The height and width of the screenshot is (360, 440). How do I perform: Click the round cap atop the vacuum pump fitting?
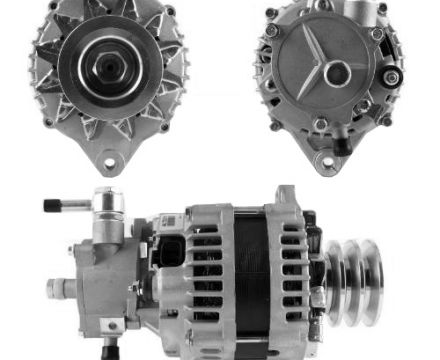click(x=107, y=197)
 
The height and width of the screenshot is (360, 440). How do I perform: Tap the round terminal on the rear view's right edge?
click(x=393, y=76)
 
